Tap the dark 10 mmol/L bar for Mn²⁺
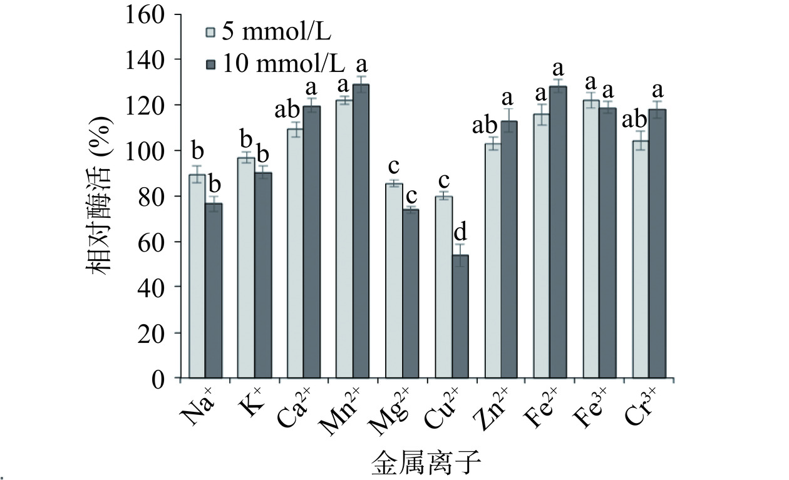coord(361,232)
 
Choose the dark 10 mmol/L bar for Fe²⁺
coord(558,232)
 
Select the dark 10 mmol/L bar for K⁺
coord(263,275)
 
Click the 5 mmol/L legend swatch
coord(212,31)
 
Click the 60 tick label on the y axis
coord(152,242)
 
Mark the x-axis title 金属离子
coord(425,466)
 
